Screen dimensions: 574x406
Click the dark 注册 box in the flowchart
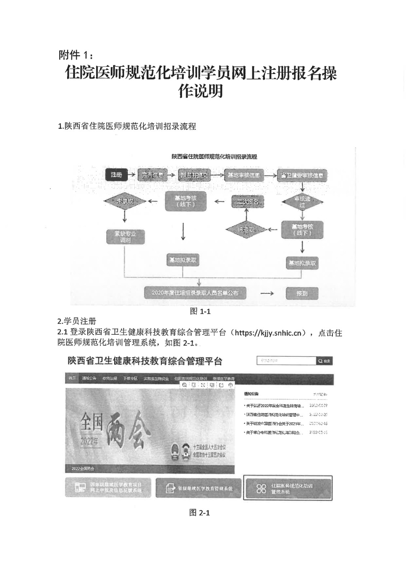point(116,175)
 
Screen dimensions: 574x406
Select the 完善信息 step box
point(152,175)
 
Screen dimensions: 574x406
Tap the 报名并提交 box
point(194,175)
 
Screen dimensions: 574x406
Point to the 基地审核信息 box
point(243,175)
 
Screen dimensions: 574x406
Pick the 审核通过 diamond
point(302,202)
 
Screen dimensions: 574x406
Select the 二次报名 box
point(247,201)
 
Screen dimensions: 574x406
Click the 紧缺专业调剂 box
point(125,237)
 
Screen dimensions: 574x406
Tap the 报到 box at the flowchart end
point(302,293)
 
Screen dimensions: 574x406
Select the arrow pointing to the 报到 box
point(267,293)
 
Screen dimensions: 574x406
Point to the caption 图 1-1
point(200,311)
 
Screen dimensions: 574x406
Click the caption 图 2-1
point(200,513)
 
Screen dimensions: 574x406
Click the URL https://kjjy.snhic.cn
point(267,333)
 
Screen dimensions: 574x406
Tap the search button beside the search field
point(324,361)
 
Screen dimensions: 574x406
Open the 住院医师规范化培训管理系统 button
point(288,488)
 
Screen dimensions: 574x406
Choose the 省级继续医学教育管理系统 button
point(198,488)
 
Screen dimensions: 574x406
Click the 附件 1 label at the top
point(76,55)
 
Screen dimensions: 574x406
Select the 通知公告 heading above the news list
point(251,394)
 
